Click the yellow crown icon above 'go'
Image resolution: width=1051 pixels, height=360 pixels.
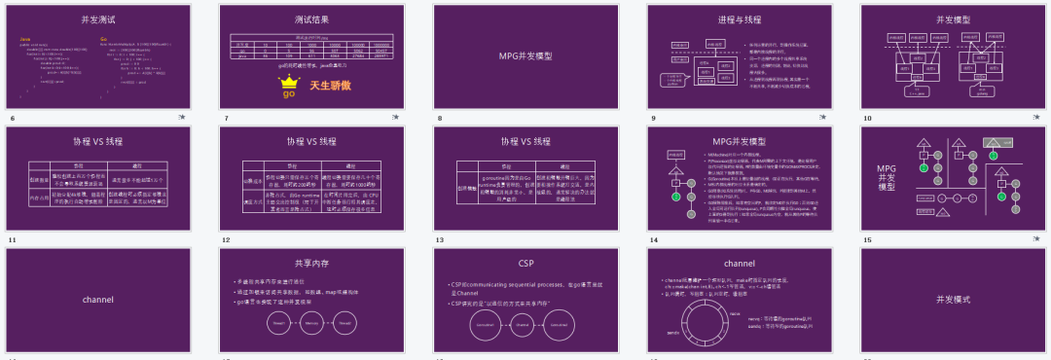(x=288, y=82)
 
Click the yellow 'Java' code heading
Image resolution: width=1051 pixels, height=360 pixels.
(x=25, y=39)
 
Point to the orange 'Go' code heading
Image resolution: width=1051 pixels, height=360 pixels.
(x=104, y=39)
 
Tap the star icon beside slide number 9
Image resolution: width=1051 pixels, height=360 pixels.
(x=822, y=117)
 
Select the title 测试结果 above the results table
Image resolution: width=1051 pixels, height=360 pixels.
(x=311, y=19)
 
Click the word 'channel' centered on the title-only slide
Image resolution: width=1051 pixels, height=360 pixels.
(x=98, y=299)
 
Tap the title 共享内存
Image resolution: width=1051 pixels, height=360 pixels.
(x=311, y=263)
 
